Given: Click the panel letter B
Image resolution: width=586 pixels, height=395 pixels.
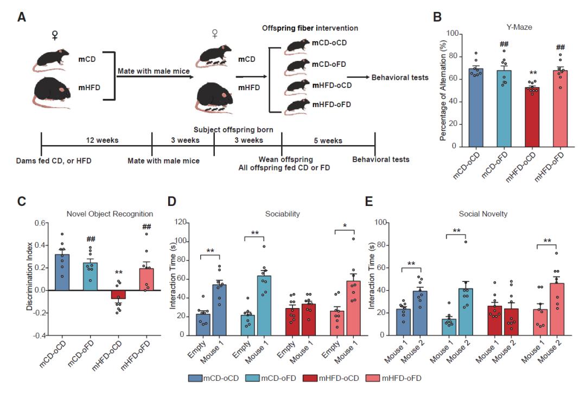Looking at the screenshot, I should click(x=437, y=16).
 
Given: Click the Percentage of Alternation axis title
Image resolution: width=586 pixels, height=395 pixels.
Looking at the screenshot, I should click(x=443, y=90).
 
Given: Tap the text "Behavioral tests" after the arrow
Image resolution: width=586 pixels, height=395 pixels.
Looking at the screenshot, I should click(x=400, y=78).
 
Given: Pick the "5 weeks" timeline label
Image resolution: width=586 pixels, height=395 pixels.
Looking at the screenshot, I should click(x=329, y=140).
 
